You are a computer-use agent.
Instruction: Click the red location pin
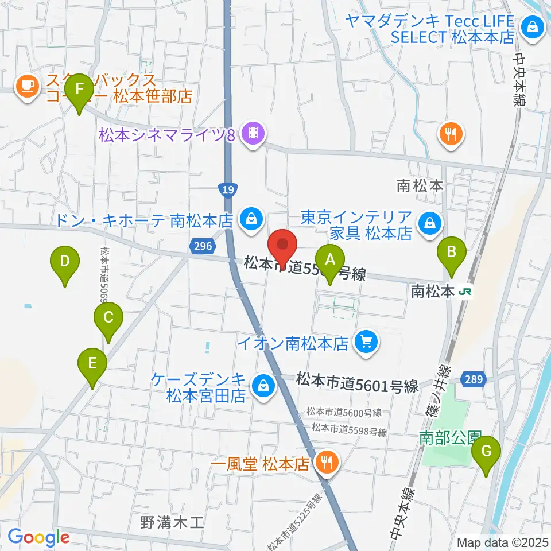point(282,245)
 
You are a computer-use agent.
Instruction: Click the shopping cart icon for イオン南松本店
point(366,343)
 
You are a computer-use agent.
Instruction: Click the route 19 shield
point(228,189)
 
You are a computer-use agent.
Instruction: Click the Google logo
point(38,537)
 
